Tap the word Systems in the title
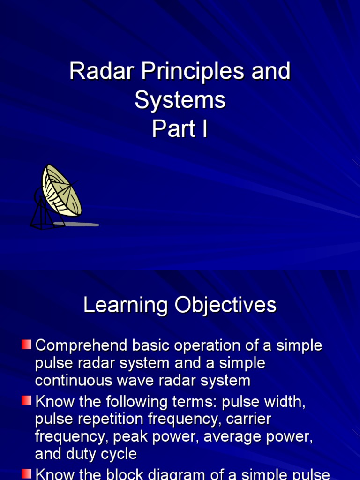[x=180, y=100]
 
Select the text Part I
[x=180, y=129]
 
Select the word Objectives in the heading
[x=225, y=306]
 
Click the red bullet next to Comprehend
[x=27, y=345]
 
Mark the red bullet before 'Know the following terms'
[x=27, y=401]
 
